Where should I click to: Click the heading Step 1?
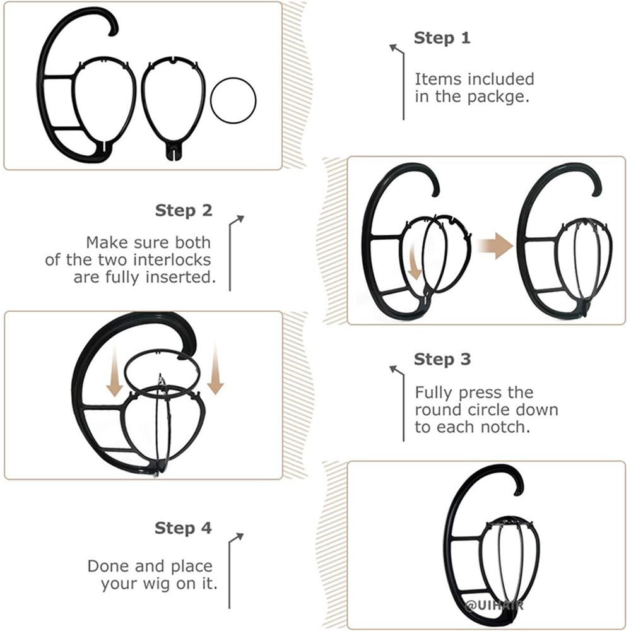pyautogui.click(x=442, y=38)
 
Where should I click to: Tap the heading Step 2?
pyautogui.click(x=184, y=210)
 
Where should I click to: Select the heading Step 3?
pyautogui.click(x=442, y=360)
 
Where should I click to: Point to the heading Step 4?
pyautogui.click(x=183, y=528)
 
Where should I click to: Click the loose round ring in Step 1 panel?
pyautogui.click(x=233, y=99)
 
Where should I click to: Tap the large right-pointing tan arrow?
pyautogui.click(x=494, y=245)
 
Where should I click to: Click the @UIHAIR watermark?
pyautogui.click(x=494, y=605)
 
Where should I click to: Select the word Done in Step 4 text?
pyautogui.click(x=109, y=566)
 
